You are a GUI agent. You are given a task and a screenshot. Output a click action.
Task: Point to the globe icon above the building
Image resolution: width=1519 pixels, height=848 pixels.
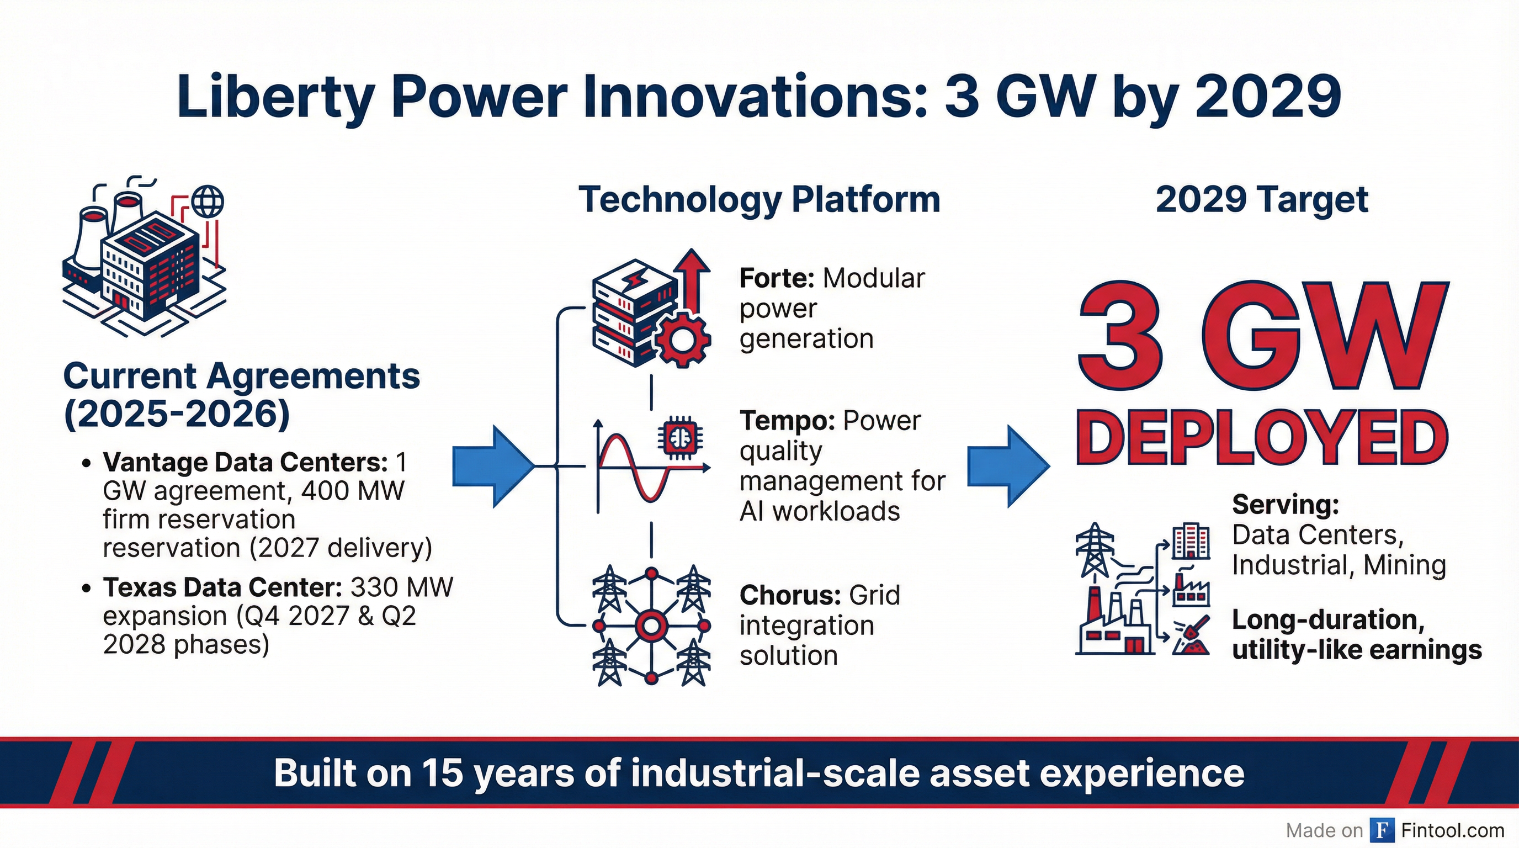(x=208, y=202)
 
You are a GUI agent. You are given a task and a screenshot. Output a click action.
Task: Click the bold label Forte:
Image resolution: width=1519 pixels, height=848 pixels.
(x=777, y=278)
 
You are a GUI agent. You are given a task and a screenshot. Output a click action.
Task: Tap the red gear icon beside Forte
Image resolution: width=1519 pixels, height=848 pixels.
(x=683, y=340)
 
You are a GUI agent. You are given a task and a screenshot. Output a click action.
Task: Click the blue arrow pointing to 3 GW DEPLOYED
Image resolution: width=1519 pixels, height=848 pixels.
(x=1009, y=466)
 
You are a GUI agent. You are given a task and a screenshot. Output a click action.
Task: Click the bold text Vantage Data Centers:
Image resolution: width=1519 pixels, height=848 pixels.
(x=245, y=462)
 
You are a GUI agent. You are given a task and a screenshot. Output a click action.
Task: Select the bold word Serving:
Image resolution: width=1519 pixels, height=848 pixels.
(x=1286, y=505)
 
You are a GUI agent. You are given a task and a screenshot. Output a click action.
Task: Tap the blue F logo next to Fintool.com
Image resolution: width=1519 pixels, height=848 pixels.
(x=1382, y=830)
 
